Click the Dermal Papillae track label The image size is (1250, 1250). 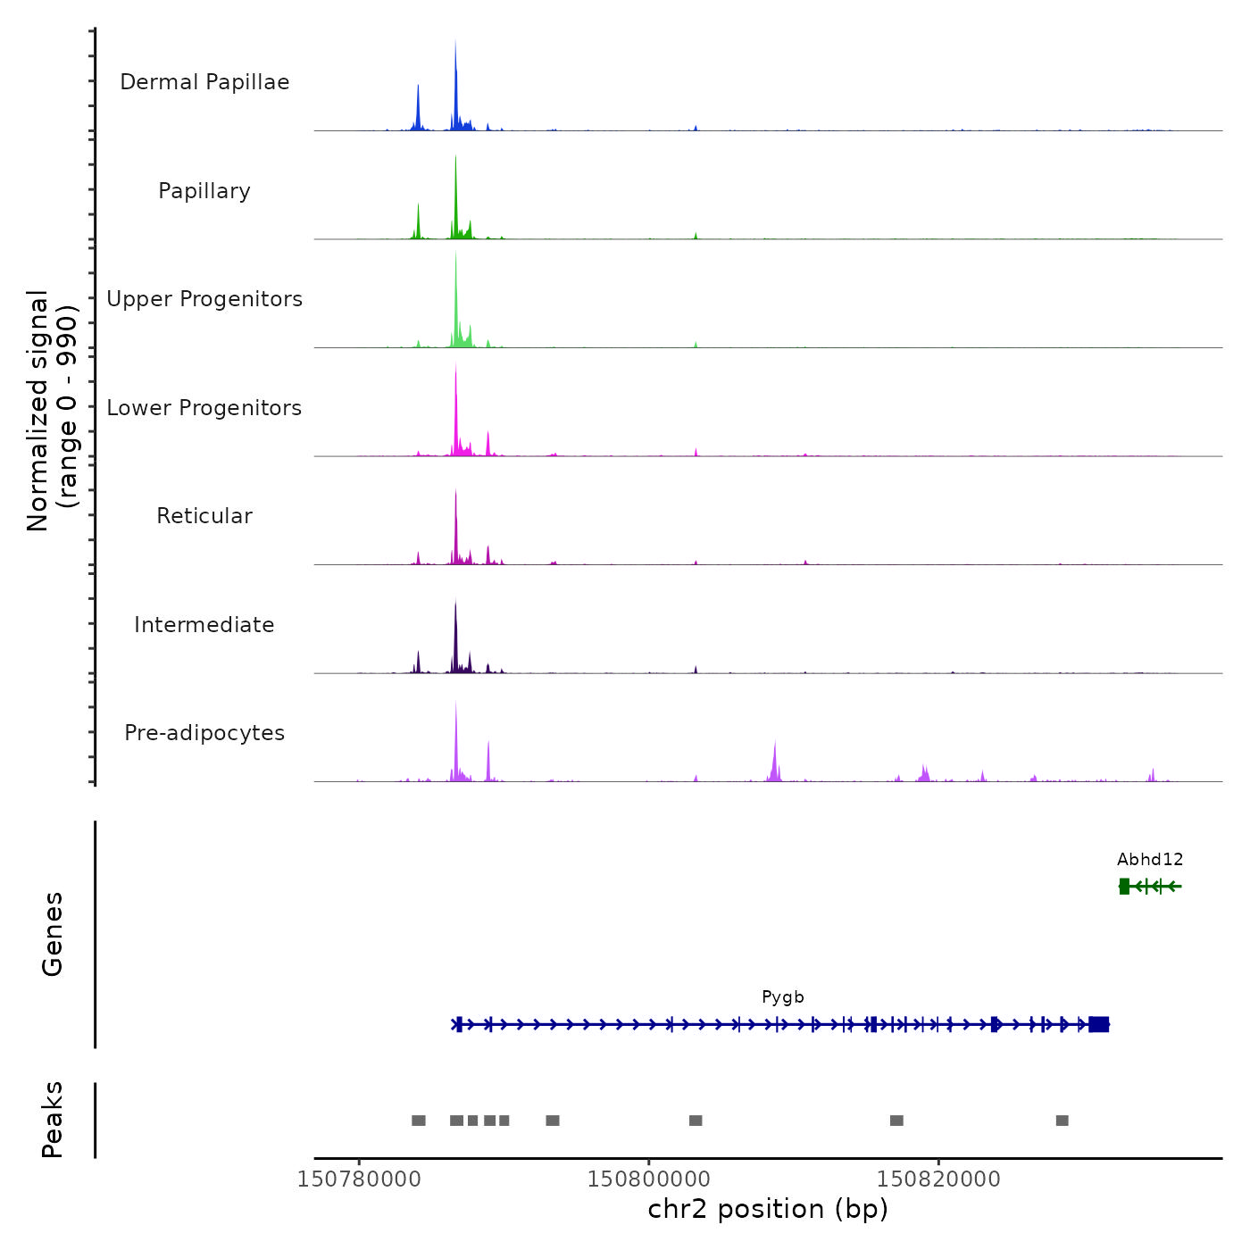pyautogui.click(x=204, y=82)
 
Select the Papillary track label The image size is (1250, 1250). pyautogui.click(x=204, y=191)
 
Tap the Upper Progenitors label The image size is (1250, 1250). pyautogui.click(x=204, y=299)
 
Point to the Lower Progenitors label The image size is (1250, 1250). pyautogui.click(x=204, y=408)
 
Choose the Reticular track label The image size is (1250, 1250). pyautogui.click(x=204, y=516)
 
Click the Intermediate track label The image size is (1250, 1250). pyautogui.click(x=204, y=625)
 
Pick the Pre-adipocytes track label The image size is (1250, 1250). pyautogui.click(x=204, y=733)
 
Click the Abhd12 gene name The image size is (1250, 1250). pyautogui.click(x=1150, y=860)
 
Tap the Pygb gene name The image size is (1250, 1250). pyautogui.click(x=783, y=997)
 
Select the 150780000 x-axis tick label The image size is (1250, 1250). pyautogui.click(x=359, y=1179)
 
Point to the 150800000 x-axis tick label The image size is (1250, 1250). pyautogui.click(x=649, y=1179)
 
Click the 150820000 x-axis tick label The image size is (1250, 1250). pyautogui.click(x=938, y=1179)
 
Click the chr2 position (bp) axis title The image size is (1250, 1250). pyautogui.click(x=768, y=1209)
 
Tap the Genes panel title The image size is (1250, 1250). pyautogui.click(x=53, y=934)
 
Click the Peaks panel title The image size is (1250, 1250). pyautogui.click(x=53, y=1120)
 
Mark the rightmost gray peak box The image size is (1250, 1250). pyautogui.click(x=1062, y=1121)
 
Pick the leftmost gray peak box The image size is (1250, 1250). pyautogui.click(x=418, y=1121)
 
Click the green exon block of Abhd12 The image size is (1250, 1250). pyautogui.click(x=1124, y=886)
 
